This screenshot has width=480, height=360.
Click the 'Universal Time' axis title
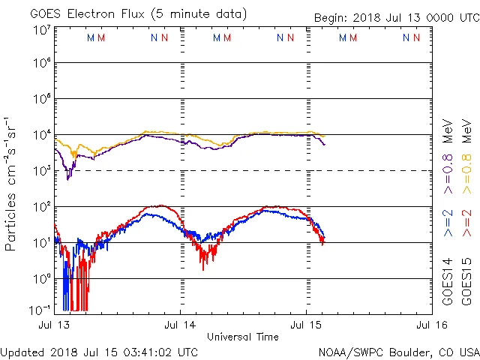pyautogui.click(x=243, y=337)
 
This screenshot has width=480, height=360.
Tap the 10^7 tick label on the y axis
pyautogui.click(x=41, y=30)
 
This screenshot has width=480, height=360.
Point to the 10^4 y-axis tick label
pyautogui.click(x=41, y=135)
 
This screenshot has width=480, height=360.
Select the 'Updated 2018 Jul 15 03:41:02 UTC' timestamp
pyautogui.click(x=99, y=352)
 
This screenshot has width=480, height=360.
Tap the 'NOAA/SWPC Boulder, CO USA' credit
pyautogui.click(x=397, y=352)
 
